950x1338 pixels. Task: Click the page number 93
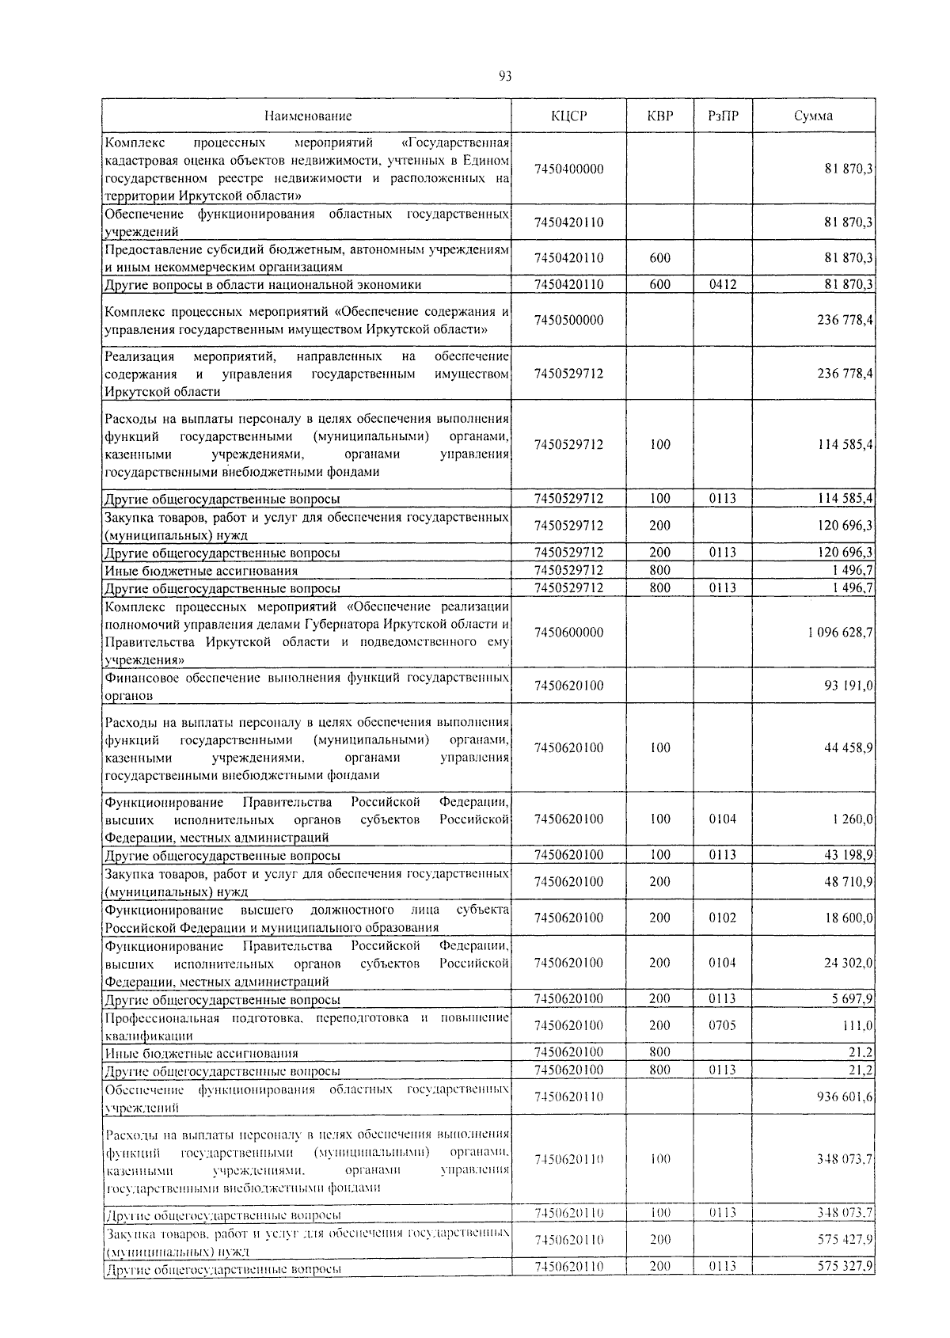[505, 76]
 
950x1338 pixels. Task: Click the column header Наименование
[308, 116]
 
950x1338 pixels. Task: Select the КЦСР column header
[568, 116]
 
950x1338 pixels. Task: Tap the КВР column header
[659, 116]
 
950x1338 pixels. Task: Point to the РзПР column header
[723, 116]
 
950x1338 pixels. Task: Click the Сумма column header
[813, 116]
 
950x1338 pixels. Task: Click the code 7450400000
[568, 169]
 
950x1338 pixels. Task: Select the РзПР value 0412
[723, 284]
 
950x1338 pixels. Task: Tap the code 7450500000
[568, 320]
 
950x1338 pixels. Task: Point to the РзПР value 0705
[723, 1025]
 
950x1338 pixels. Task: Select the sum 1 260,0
[853, 819]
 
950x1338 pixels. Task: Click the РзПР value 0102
[723, 918]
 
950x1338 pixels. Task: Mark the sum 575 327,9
[845, 1267]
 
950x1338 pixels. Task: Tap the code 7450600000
[568, 632]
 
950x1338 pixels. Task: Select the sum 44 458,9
[849, 747]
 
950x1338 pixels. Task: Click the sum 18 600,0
[849, 918]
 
